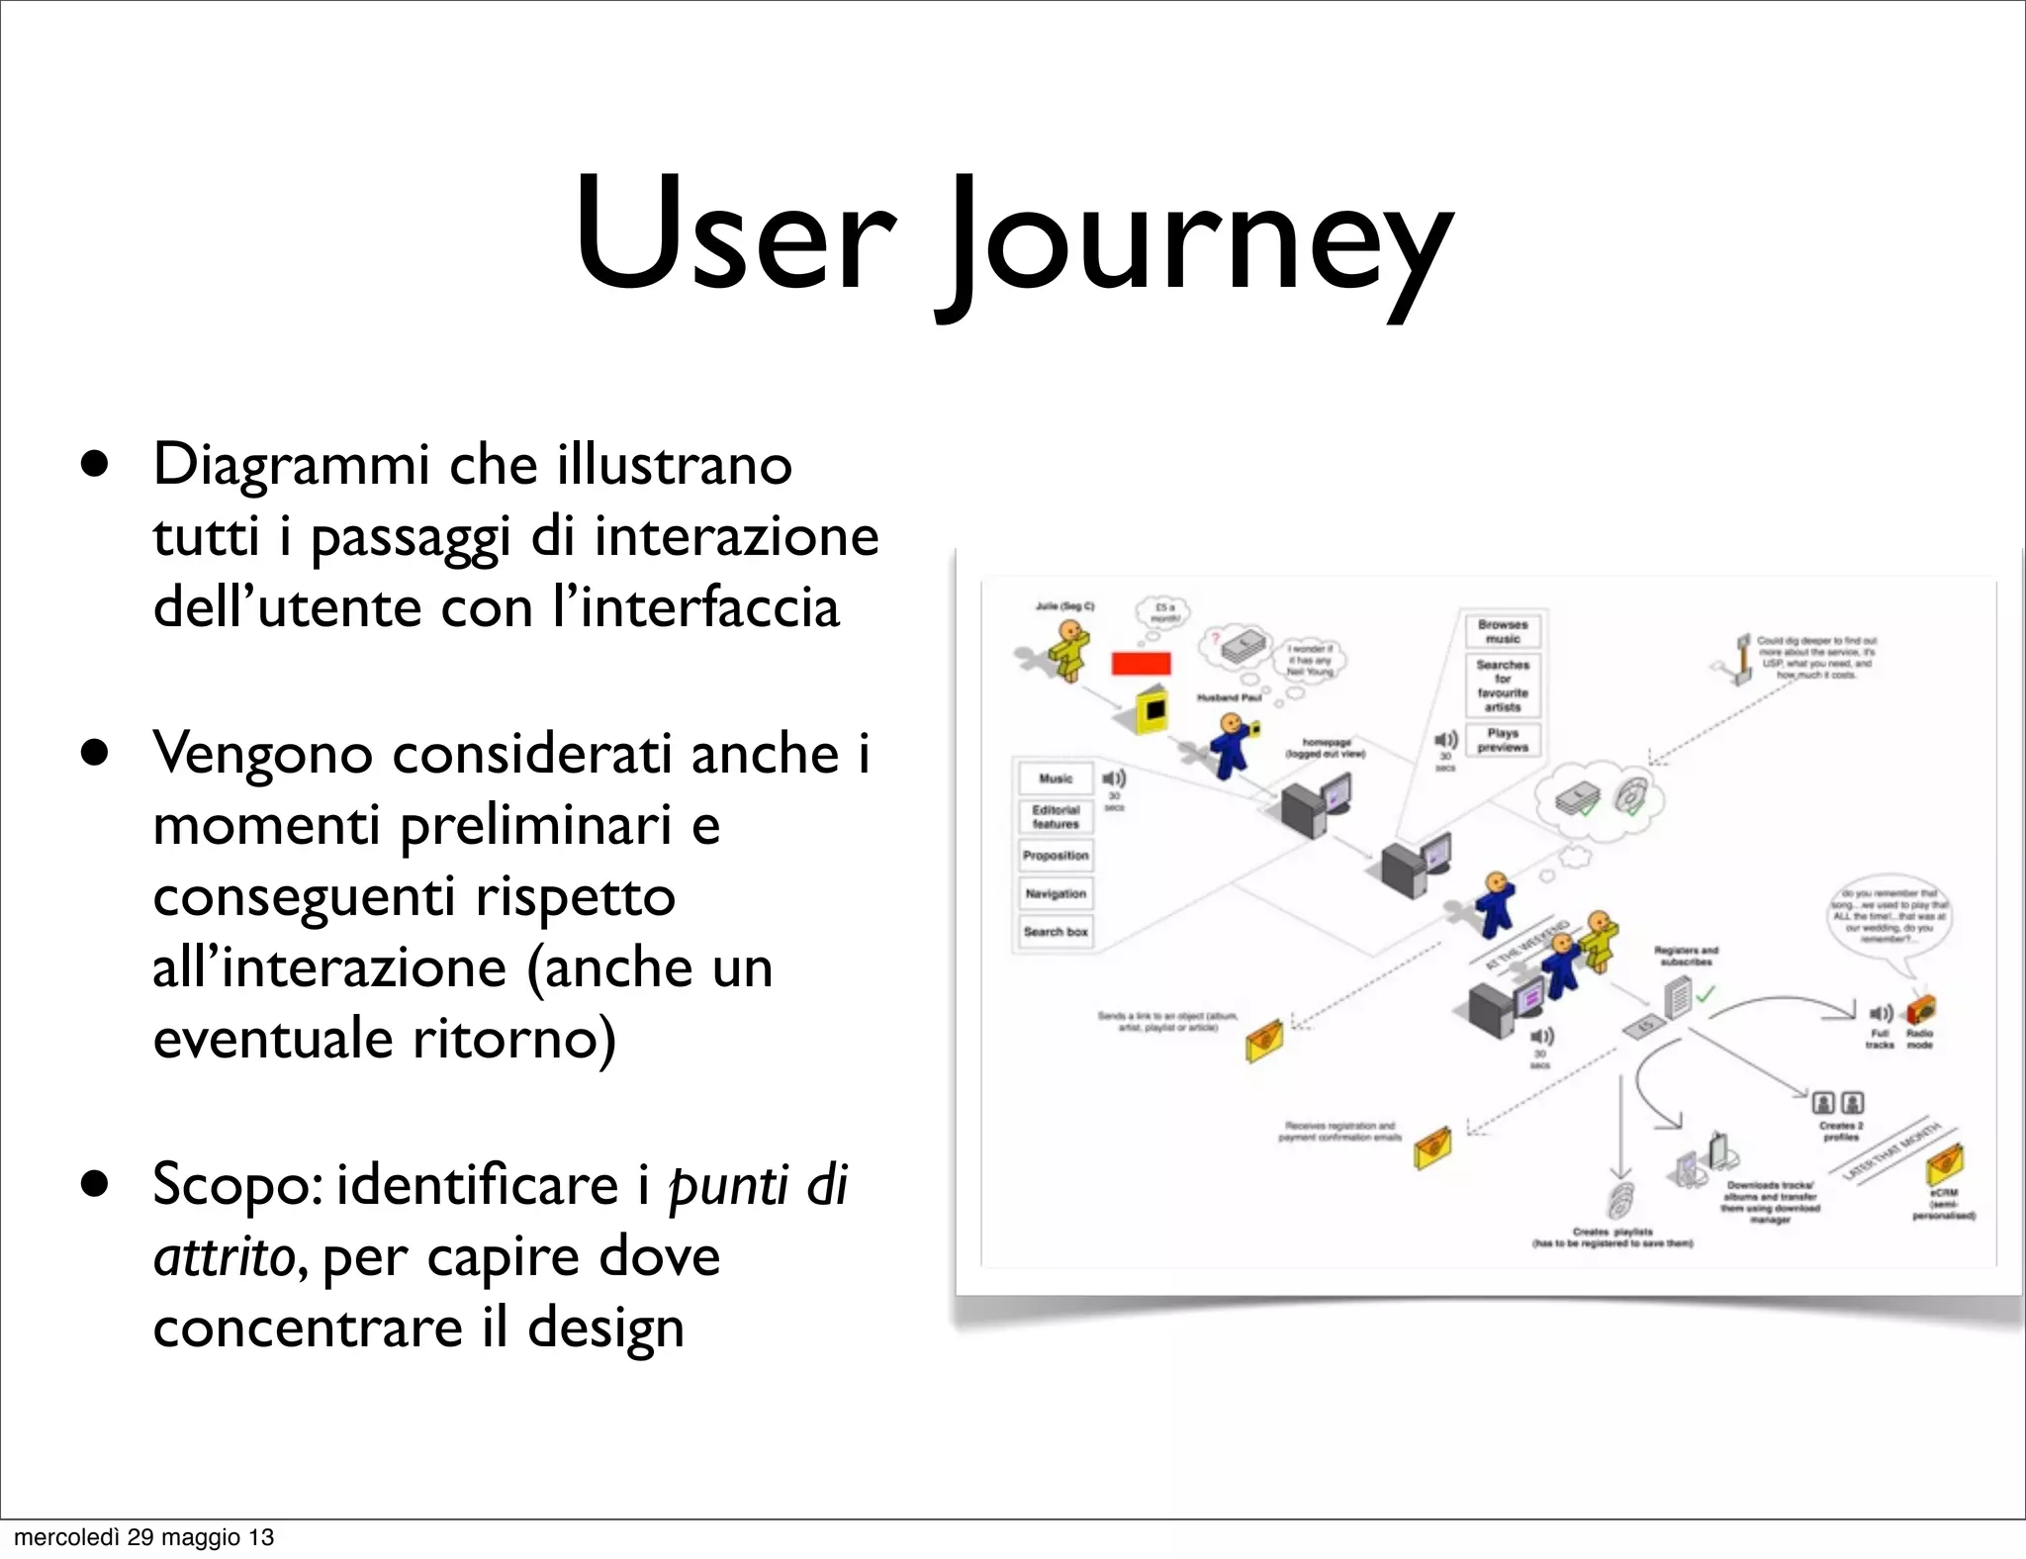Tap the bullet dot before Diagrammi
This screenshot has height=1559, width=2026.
95,465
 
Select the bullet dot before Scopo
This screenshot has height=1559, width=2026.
95,1184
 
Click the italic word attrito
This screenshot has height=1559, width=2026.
224,1257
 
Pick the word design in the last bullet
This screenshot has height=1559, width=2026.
605,1328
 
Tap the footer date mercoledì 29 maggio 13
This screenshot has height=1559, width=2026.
144,1536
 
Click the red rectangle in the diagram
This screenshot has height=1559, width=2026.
1141,663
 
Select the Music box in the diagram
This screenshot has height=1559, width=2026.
1056,779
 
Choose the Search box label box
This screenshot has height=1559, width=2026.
1056,932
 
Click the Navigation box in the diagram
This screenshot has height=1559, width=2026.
1056,894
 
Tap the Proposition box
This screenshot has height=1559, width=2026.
1056,856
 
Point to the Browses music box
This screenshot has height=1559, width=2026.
1503,631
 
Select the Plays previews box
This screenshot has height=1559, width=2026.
1503,740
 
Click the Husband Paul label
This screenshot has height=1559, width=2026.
1229,697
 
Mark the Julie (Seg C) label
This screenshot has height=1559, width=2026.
1064,605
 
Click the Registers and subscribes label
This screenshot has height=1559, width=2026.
1686,956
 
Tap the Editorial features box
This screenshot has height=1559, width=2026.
1056,817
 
